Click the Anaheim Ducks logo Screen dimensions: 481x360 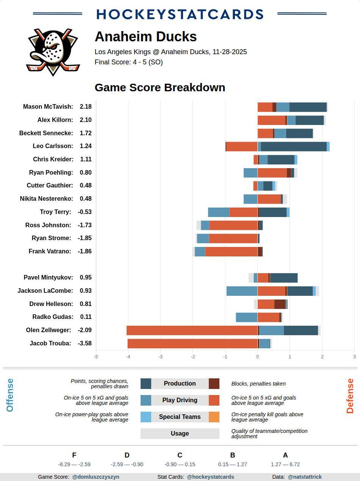(x=53, y=52)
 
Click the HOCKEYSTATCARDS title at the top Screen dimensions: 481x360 (x=180, y=14)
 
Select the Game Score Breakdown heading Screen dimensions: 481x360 (x=160, y=87)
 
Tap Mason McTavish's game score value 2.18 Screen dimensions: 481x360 (x=86, y=107)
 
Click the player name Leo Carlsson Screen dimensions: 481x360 (x=53, y=146)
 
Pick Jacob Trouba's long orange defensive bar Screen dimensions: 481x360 (x=193, y=344)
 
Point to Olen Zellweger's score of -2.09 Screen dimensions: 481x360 (x=85, y=330)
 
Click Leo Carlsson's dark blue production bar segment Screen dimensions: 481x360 (x=294, y=147)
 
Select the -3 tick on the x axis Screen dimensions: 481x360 (x=161, y=356)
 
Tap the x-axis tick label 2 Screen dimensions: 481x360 (x=322, y=356)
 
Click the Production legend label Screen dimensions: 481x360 (x=180, y=384)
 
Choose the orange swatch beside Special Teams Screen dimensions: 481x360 (x=214, y=417)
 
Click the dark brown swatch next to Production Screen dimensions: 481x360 (x=214, y=384)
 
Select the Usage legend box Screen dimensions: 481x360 (x=180, y=434)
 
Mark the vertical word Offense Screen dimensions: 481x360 (x=10, y=395)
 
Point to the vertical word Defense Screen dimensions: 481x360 (x=350, y=396)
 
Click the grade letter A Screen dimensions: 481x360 (x=285, y=455)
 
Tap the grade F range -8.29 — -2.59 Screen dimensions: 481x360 (x=74, y=464)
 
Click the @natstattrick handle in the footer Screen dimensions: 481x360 (x=305, y=477)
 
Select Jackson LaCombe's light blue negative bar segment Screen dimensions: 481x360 (x=242, y=291)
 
